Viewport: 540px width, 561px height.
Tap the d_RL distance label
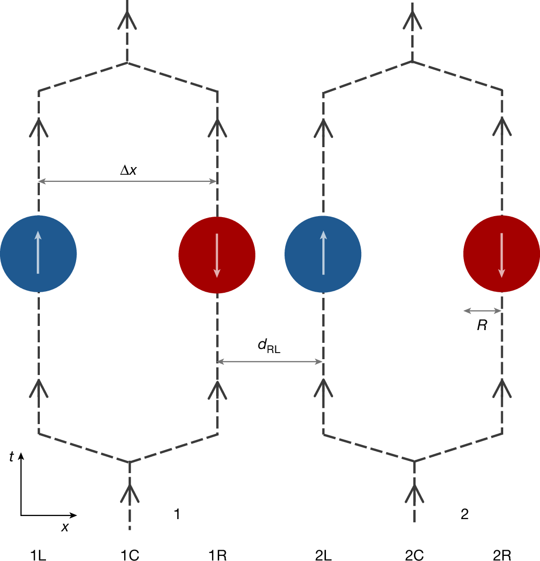point(269,347)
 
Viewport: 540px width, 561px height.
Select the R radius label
point(482,325)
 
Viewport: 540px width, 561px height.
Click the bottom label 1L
point(39,555)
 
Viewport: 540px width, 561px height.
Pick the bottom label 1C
point(130,555)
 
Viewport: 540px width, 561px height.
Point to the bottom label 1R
point(218,555)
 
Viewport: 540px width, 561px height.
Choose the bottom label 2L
point(323,555)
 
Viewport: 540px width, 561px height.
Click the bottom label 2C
point(414,555)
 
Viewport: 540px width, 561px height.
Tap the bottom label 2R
point(502,555)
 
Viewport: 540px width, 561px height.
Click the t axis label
point(11,458)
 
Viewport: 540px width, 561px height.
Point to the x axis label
point(65,527)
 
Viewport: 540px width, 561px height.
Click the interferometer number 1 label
point(177,515)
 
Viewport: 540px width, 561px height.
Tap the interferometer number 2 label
point(464,515)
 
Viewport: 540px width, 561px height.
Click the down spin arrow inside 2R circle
point(502,255)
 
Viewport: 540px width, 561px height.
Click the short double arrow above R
point(483,310)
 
